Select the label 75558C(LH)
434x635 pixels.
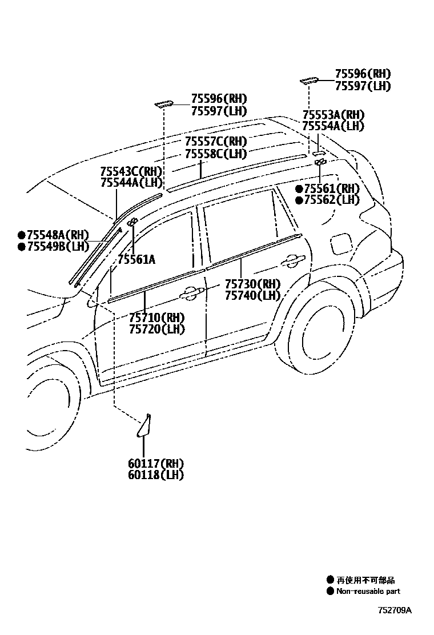pos(215,154)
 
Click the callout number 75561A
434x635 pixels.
pos(136,260)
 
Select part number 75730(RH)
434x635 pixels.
pos(252,284)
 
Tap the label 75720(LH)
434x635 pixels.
pos(156,329)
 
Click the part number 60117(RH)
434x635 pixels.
pos(156,463)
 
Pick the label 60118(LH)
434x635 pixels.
pos(156,475)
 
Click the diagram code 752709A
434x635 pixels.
pos(394,609)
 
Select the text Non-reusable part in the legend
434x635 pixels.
pos(368,592)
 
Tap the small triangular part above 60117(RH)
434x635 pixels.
pos(143,426)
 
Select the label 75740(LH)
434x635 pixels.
pos(252,295)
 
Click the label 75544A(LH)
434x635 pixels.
pos(131,183)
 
